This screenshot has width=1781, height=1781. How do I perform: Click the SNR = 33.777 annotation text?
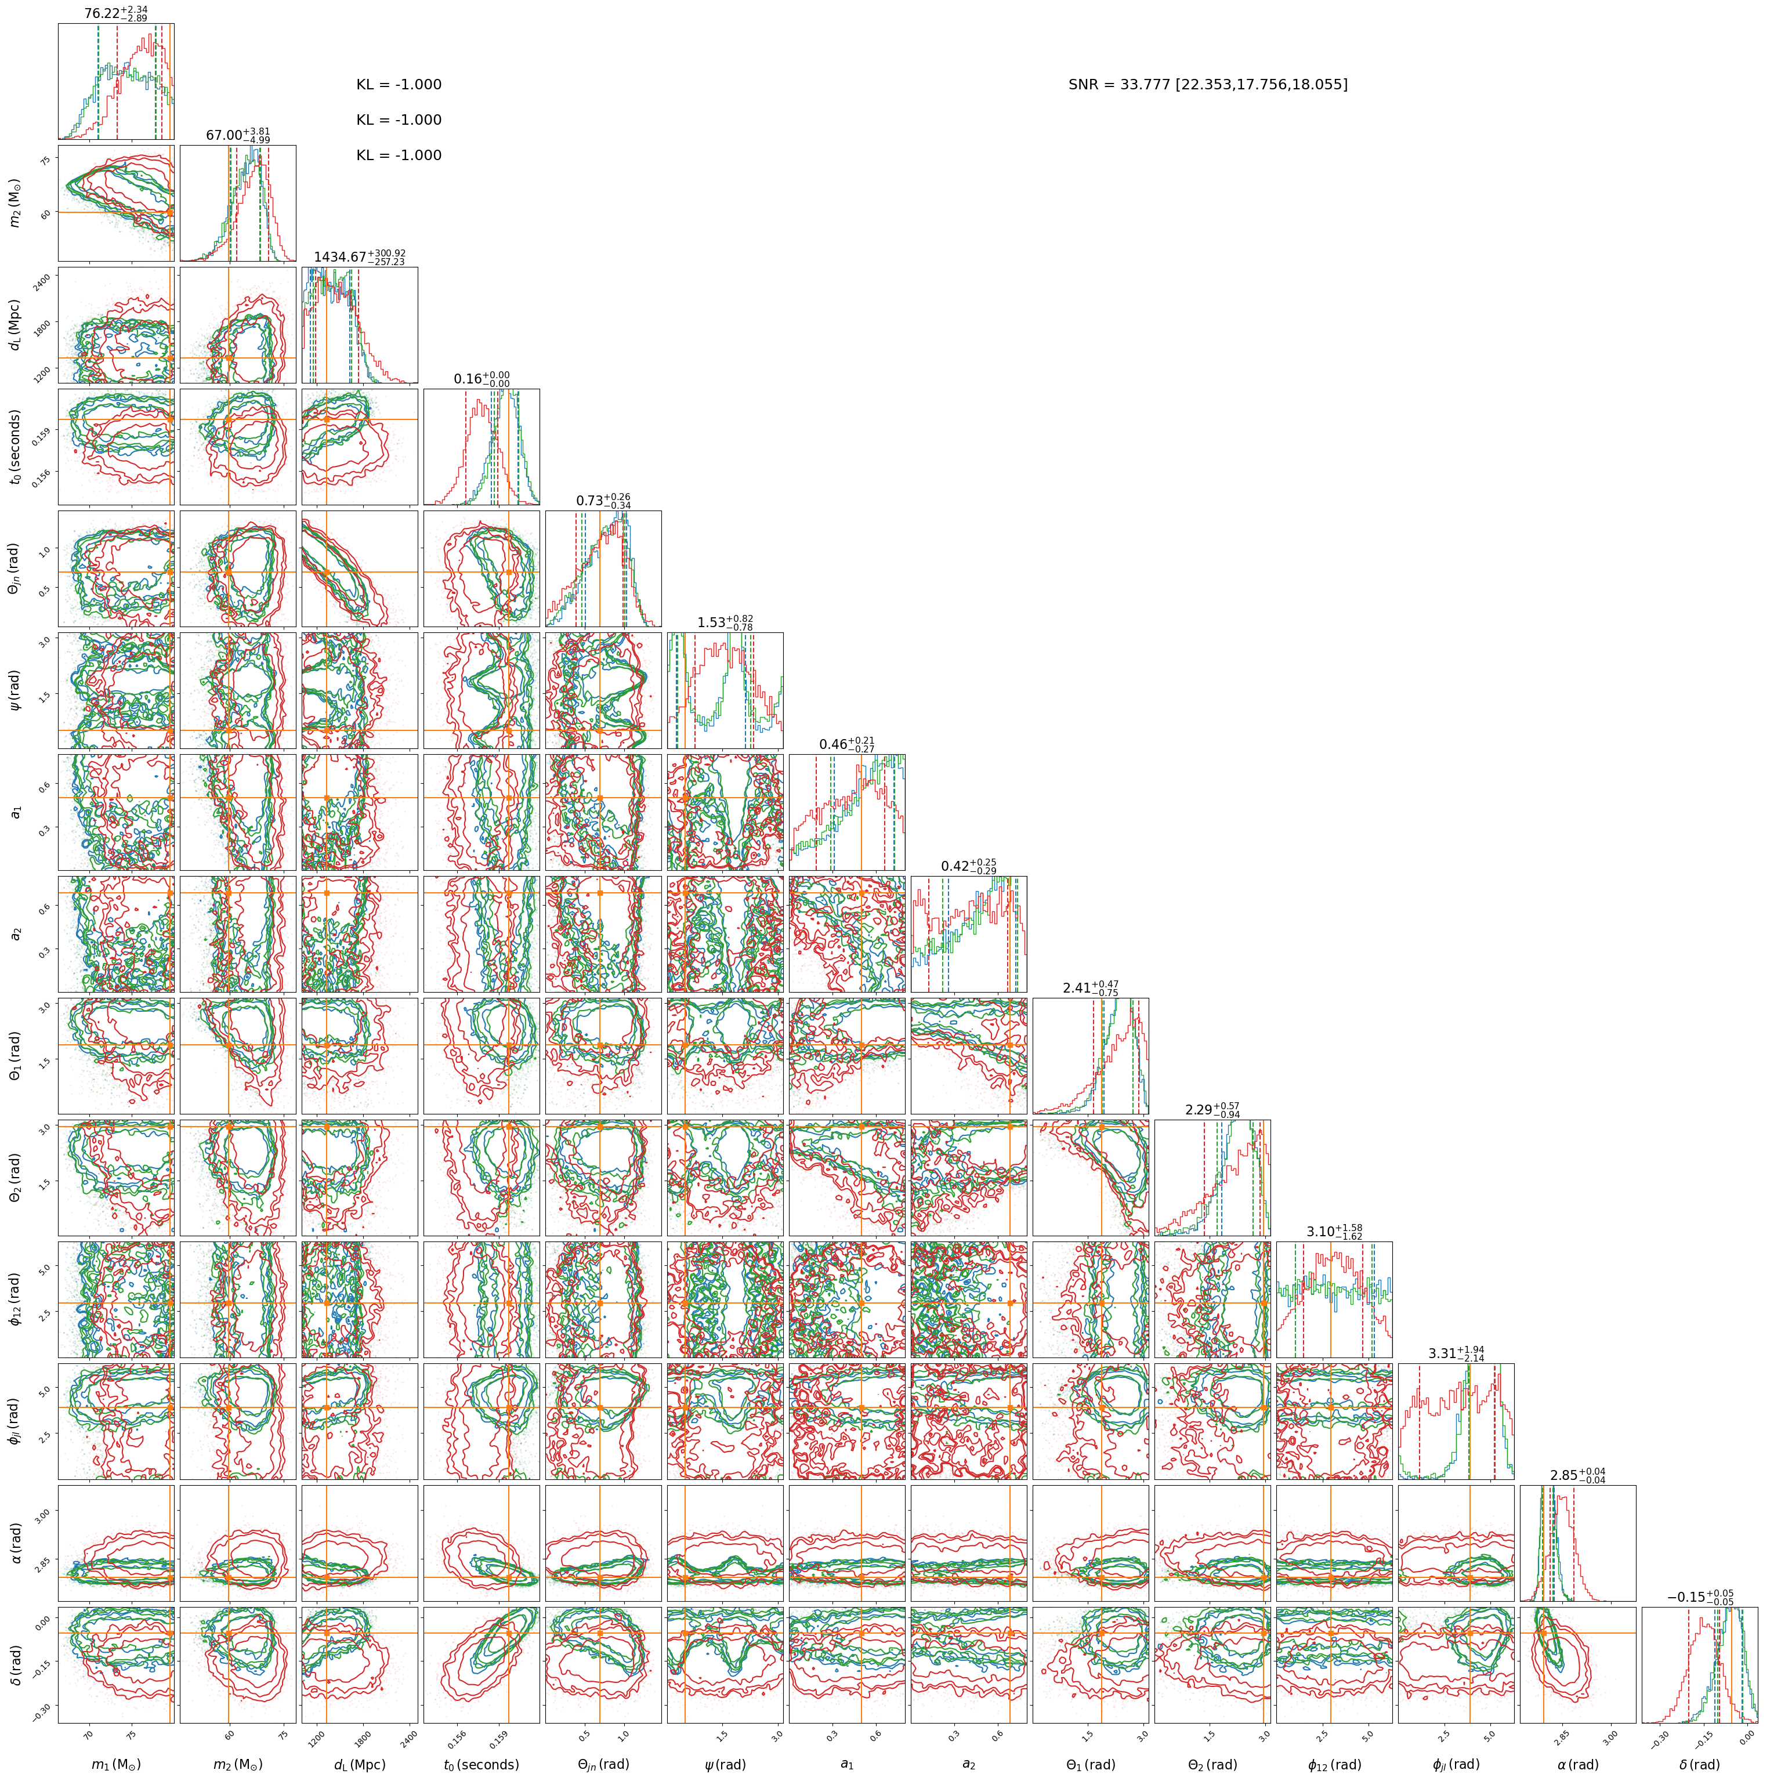1208,85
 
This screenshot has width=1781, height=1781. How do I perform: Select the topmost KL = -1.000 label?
399,85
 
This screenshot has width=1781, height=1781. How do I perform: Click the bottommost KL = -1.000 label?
399,156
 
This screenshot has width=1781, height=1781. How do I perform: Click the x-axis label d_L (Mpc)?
360,1764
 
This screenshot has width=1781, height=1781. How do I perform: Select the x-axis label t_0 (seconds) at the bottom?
481,1764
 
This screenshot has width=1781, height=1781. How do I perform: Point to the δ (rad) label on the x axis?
1700,1764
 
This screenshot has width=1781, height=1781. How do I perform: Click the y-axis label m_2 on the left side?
16,204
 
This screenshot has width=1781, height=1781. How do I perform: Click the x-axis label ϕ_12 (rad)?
1334,1764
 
